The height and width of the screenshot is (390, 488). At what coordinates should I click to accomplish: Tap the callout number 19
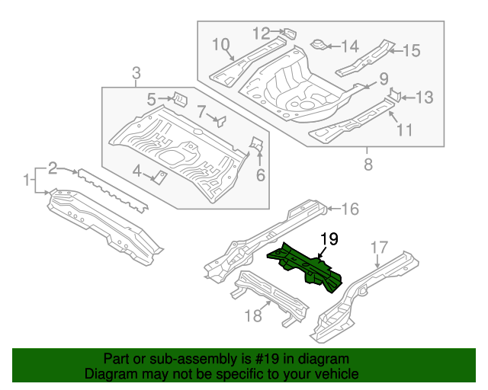pos(328,240)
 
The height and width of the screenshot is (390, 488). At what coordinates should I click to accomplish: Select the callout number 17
pos(379,248)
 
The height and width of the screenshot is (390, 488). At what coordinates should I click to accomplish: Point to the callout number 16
pos(349,209)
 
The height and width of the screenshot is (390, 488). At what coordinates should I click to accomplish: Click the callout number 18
pos(252,315)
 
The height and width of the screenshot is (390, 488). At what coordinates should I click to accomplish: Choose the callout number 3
pos(136,74)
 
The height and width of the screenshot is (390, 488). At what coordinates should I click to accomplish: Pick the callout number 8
pos(368,164)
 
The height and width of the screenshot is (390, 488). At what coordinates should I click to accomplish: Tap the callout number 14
pos(349,46)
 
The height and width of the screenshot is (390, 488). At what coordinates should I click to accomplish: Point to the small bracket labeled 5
pos(178,99)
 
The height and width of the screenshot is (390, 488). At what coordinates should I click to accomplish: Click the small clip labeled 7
pos(220,120)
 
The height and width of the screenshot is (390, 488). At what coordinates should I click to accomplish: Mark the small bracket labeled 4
pos(162,177)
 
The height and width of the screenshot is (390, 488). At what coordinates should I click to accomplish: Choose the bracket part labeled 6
pos(258,143)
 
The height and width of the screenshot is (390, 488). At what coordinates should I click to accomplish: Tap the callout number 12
pos(261,34)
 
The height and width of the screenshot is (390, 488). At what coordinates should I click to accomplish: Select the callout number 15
pos(411,51)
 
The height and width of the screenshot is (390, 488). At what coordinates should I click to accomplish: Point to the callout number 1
pos(27,181)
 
